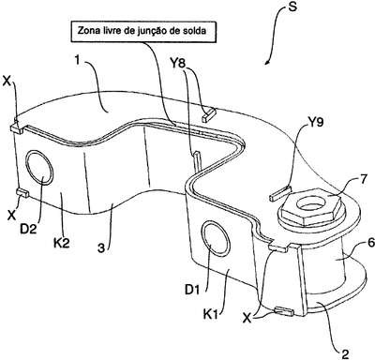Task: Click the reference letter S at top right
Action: pos(292,7)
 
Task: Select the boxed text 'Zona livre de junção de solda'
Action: pos(142,31)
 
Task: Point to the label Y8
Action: pos(180,65)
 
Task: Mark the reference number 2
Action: pos(345,353)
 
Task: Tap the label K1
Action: pos(211,314)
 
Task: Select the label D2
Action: pos(28,229)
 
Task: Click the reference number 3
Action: pos(100,247)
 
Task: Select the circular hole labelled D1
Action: pos(216,238)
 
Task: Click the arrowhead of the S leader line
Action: pos(266,62)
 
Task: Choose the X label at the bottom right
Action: pos(247,318)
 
